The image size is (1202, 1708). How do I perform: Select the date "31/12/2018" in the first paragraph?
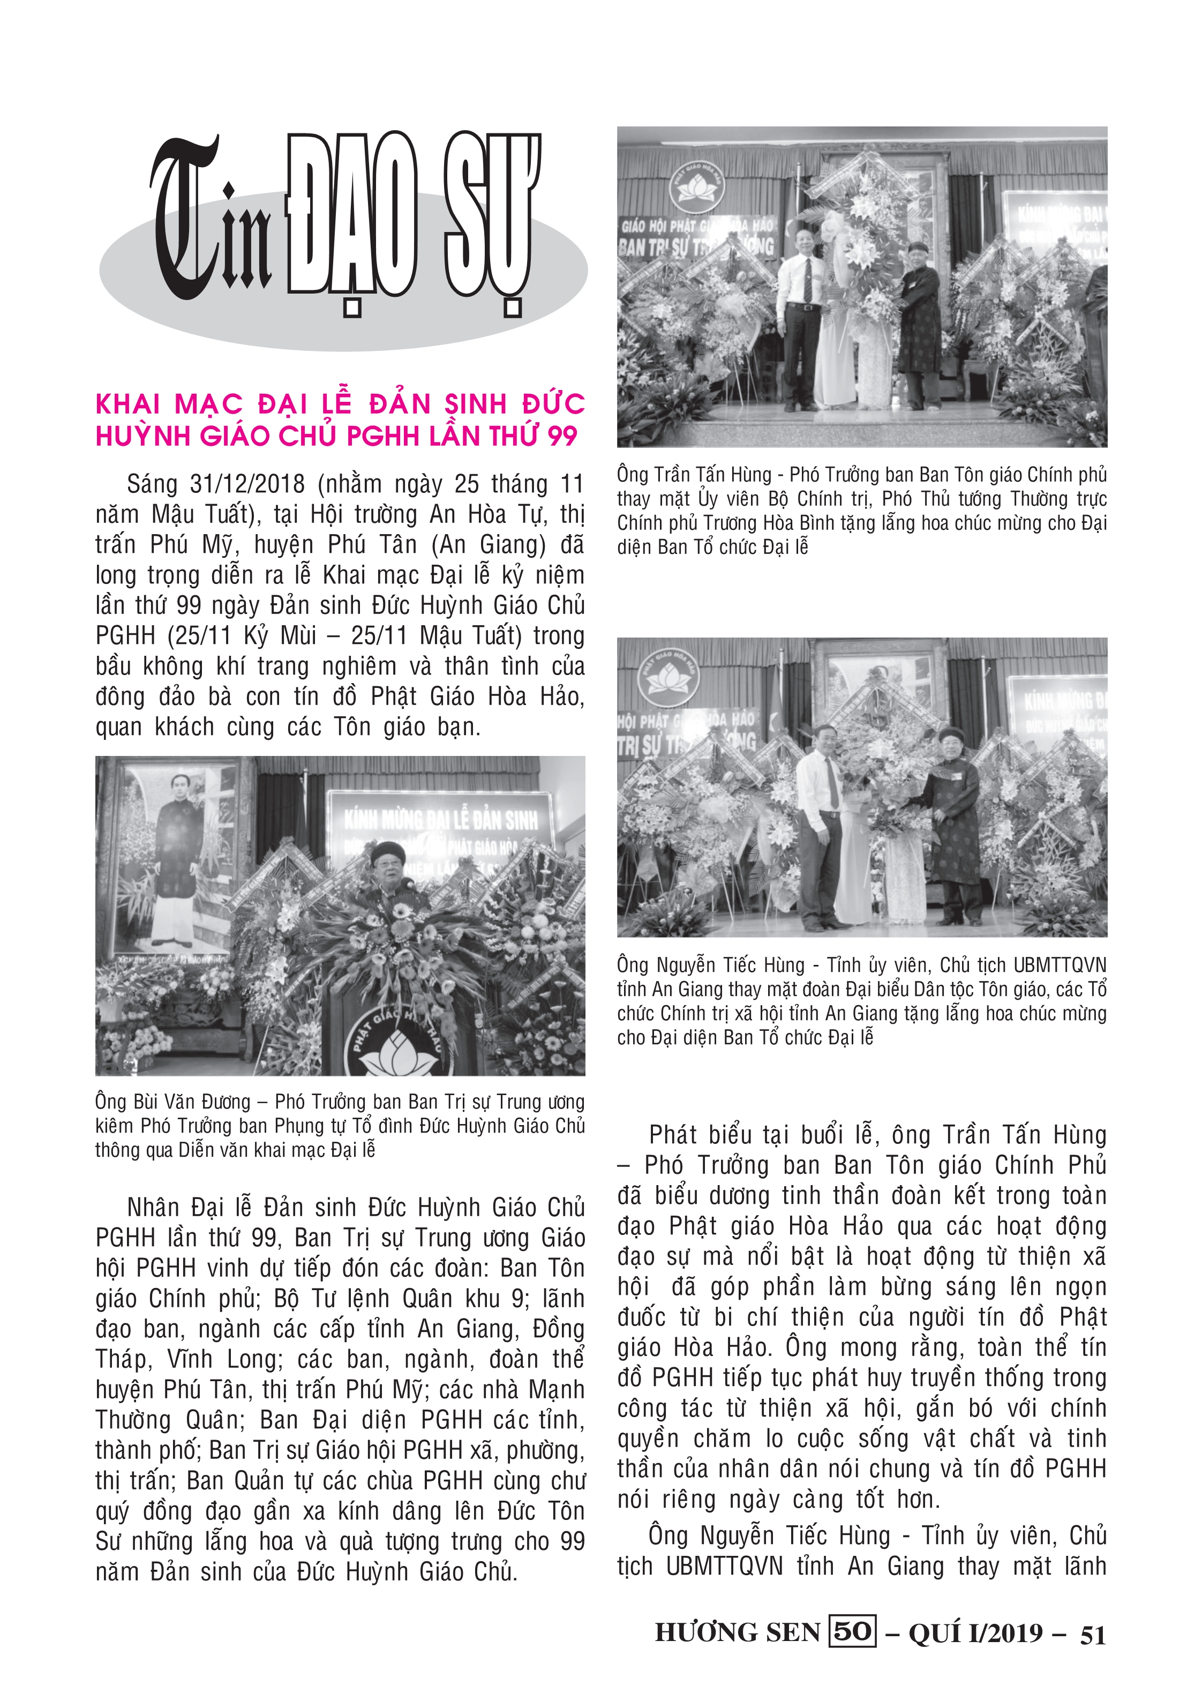[x=247, y=484]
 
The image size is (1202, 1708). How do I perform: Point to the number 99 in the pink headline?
[x=562, y=436]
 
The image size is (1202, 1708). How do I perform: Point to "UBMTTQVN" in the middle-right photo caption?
[x=1059, y=965]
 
